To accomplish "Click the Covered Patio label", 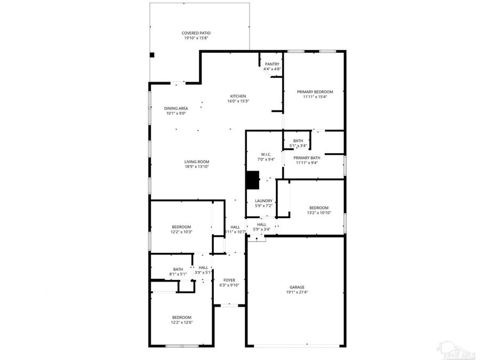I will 196,33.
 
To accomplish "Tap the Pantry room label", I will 272,64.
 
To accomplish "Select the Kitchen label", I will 238,96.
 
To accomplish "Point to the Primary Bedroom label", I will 315,92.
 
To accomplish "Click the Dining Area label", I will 175,108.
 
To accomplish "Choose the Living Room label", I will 197,162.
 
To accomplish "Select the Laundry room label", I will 263,201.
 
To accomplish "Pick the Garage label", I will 297,287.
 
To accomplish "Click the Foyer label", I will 229,280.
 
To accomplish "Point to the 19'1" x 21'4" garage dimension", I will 297,292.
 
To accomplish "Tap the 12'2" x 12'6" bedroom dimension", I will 181,322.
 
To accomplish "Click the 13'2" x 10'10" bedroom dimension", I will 319,213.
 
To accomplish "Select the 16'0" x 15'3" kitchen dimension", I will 238,101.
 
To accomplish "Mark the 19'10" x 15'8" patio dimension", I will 196,38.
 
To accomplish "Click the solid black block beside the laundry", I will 252,180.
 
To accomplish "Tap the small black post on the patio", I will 152,54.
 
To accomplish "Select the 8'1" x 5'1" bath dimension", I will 178,274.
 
